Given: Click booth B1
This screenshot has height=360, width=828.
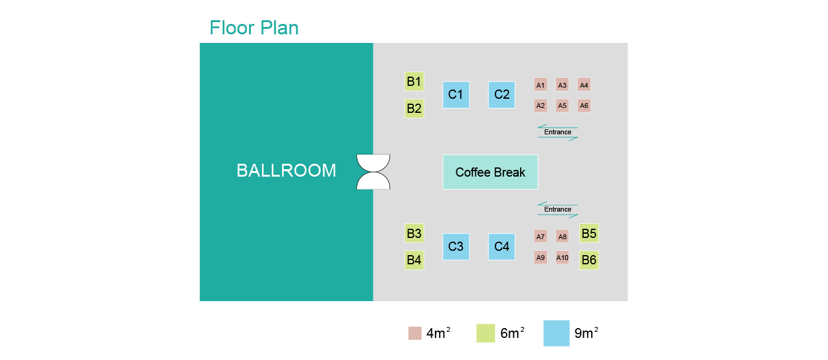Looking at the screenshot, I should [414, 81].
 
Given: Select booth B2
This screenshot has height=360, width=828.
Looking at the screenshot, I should [414, 109].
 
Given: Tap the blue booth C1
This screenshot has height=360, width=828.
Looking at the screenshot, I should [456, 94].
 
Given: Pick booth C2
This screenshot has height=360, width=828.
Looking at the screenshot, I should [502, 94].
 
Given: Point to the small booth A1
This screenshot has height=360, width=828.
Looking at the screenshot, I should [540, 85].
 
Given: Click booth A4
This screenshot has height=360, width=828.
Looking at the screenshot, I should [584, 85].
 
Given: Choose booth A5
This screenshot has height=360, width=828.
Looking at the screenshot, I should [562, 105].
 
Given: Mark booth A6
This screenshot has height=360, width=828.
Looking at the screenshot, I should [584, 105].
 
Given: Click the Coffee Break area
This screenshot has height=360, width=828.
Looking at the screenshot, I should [490, 172].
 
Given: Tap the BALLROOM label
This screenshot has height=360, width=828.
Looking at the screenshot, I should [286, 170].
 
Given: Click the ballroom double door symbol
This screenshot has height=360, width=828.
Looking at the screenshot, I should [374, 172].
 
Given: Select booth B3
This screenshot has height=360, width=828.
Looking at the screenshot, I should [414, 233].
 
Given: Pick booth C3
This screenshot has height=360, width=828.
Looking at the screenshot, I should [456, 247].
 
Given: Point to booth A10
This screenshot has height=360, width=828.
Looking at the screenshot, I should [562, 258].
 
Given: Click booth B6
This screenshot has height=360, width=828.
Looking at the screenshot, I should [589, 260].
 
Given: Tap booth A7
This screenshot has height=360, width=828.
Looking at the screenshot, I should [540, 237].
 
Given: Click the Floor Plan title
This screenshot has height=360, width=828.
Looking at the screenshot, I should [254, 28].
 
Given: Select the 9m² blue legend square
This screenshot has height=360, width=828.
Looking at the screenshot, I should [556, 333].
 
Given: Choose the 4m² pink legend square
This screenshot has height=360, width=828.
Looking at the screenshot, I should [415, 333].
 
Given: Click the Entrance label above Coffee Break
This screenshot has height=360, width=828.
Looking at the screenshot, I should [558, 132].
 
